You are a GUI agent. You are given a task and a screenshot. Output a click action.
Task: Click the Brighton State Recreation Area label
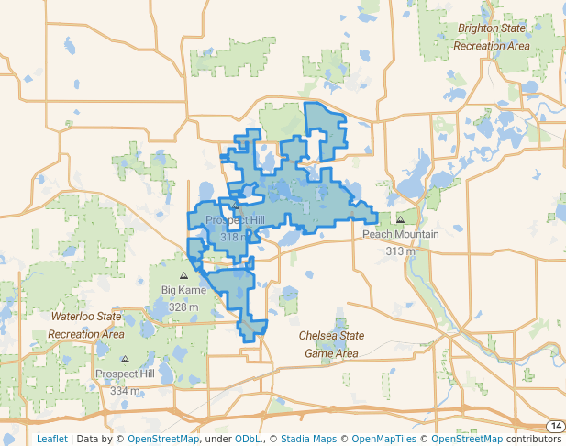[493, 37]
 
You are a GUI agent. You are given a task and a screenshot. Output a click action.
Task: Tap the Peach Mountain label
[400, 234]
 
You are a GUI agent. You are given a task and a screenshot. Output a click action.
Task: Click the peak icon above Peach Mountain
[400, 219]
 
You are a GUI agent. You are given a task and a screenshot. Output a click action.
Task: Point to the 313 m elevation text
[400, 251]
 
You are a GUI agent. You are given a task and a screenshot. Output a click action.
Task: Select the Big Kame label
[183, 290]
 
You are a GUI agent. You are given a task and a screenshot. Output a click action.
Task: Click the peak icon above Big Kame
[183, 274]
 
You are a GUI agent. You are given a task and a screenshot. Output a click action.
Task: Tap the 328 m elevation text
[183, 307]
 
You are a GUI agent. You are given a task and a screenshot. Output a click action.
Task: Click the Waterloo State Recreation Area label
[85, 325]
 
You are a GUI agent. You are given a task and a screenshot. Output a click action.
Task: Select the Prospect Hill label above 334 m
[125, 374]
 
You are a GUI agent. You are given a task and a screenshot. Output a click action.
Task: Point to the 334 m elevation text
[125, 391]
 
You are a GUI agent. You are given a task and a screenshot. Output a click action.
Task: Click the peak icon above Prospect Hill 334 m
[125, 359]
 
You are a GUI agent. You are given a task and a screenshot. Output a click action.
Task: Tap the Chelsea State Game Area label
[331, 344]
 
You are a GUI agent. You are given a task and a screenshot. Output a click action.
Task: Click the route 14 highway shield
[555, 426]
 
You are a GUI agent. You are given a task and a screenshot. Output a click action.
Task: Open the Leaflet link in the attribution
[51, 439]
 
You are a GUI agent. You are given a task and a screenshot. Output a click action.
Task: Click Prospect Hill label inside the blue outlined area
[235, 220]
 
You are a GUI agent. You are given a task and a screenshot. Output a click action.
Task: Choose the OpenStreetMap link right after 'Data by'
[162, 439]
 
